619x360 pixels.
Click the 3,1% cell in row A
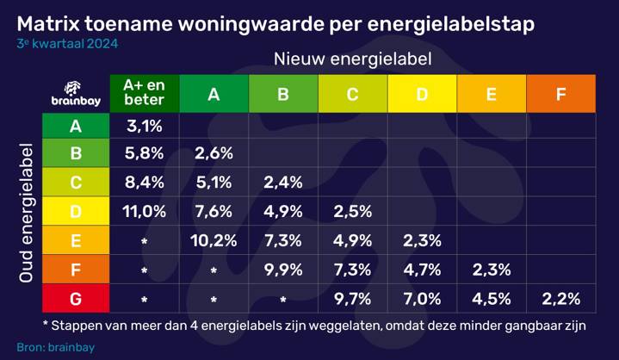pyautogui.click(x=144, y=127)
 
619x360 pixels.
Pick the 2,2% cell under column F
pyautogui.click(x=561, y=299)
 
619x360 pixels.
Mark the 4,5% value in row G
pyautogui.click(x=492, y=299)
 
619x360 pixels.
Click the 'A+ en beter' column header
pyautogui.click(x=144, y=93)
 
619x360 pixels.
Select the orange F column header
pyautogui.click(x=561, y=93)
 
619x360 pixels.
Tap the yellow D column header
pyautogui.click(x=422, y=93)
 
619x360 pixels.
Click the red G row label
pyautogui.click(x=76, y=299)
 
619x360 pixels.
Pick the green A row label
pyautogui.click(x=76, y=127)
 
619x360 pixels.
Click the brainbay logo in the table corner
pyautogui.click(x=76, y=93)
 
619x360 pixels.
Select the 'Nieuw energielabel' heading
pyautogui.click(x=352, y=59)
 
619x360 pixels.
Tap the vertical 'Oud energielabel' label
pyautogui.click(x=26, y=211)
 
